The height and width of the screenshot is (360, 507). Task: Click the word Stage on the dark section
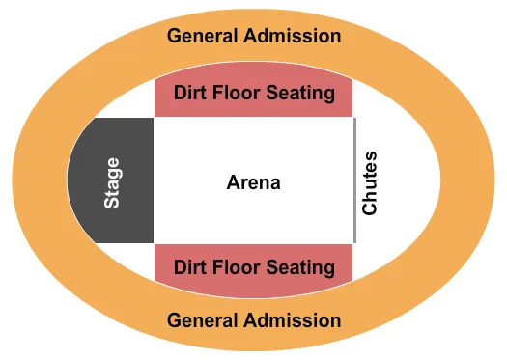click(113, 182)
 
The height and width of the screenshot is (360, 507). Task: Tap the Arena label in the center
click(254, 181)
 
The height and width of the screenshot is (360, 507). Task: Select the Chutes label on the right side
click(370, 182)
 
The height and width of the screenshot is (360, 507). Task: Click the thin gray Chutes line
click(354, 180)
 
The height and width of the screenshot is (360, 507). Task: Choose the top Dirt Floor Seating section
click(254, 95)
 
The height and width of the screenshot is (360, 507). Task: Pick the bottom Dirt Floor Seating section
click(254, 266)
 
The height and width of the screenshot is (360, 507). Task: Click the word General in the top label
click(200, 37)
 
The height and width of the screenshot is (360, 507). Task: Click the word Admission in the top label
click(290, 37)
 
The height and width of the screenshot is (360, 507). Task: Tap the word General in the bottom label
click(200, 319)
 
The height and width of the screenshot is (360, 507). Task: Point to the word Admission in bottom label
click(290, 319)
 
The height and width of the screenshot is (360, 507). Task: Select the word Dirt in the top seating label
click(189, 94)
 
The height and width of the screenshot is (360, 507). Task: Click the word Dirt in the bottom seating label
click(189, 266)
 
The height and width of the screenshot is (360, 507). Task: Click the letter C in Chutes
click(370, 208)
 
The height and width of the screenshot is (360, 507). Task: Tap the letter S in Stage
click(113, 204)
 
